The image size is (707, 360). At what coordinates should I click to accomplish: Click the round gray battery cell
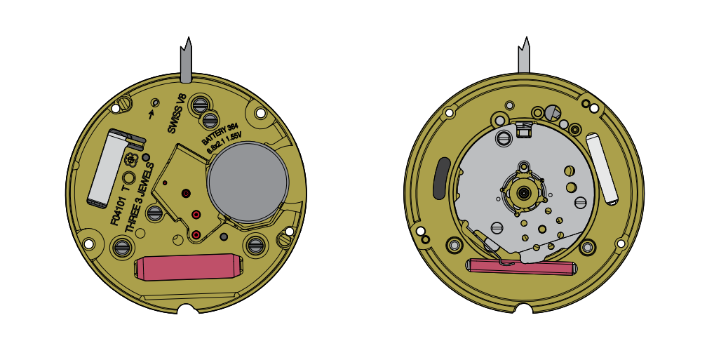point(248,182)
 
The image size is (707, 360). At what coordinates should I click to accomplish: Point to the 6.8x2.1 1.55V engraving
point(225,142)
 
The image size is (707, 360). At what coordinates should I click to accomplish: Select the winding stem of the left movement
point(187,60)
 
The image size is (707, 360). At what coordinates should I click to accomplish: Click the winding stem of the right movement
point(524,55)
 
